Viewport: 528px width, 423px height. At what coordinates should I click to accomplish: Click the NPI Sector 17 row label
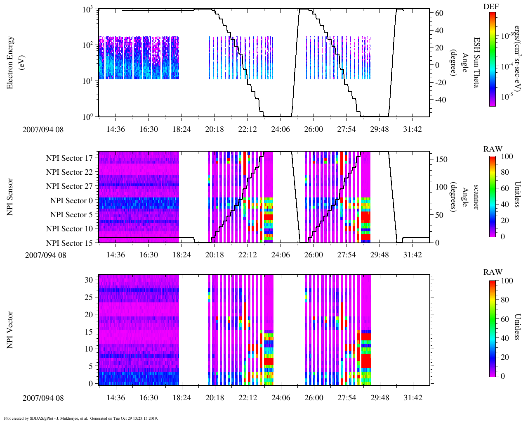(69, 158)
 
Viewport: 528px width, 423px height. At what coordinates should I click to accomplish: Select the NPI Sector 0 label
(71, 201)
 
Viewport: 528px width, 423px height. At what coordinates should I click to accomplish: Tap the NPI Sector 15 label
(69, 243)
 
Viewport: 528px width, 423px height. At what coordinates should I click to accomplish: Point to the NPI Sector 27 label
(69, 186)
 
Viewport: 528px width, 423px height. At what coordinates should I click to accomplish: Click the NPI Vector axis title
(10, 330)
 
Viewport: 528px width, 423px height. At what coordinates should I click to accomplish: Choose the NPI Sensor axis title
(10, 197)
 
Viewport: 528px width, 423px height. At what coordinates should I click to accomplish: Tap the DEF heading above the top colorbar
(491, 7)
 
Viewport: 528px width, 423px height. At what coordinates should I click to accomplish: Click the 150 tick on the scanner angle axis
(442, 159)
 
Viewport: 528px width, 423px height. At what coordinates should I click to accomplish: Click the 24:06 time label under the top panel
(280, 129)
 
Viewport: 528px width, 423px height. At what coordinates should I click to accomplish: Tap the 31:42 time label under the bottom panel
(413, 398)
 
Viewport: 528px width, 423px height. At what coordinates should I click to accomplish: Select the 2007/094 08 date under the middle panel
(45, 255)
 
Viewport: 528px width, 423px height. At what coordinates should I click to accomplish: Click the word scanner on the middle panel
(476, 197)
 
